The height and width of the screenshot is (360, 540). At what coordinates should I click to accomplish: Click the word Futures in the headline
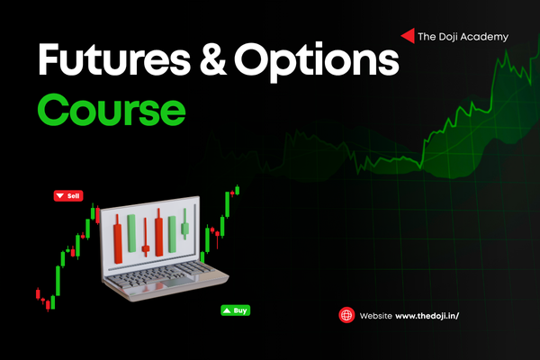(x=114, y=58)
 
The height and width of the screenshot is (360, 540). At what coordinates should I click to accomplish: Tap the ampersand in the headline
(x=212, y=58)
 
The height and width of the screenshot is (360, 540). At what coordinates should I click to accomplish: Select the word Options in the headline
(x=317, y=61)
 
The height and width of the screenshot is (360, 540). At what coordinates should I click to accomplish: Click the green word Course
(x=112, y=110)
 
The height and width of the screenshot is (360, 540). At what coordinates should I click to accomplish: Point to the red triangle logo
(x=408, y=36)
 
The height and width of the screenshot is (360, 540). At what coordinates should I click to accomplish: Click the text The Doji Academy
(x=463, y=37)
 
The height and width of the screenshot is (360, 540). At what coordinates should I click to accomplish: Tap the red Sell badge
(x=68, y=195)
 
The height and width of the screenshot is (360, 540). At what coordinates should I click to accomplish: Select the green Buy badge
(x=236, y=310)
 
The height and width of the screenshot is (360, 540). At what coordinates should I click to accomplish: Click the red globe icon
(x=346, y=315)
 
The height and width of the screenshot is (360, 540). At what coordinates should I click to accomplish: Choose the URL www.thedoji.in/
(x=427, y=316)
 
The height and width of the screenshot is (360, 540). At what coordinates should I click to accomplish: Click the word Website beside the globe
(x=375, y=316)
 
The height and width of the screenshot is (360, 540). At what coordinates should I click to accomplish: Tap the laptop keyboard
(x=162, y=274)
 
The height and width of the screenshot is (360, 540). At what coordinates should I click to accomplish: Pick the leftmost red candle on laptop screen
(x=118, y=240)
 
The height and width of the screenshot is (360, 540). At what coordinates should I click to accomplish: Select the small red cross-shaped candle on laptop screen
(x=146, y=238)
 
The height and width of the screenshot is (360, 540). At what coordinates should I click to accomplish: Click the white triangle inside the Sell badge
(x=60, y=195)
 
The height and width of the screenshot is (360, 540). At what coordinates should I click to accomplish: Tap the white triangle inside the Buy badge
(x=227, y=310)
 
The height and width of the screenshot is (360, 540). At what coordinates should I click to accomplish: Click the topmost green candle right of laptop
(x=238, y=190)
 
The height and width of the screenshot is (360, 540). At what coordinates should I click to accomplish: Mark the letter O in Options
(x=251, y=58)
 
